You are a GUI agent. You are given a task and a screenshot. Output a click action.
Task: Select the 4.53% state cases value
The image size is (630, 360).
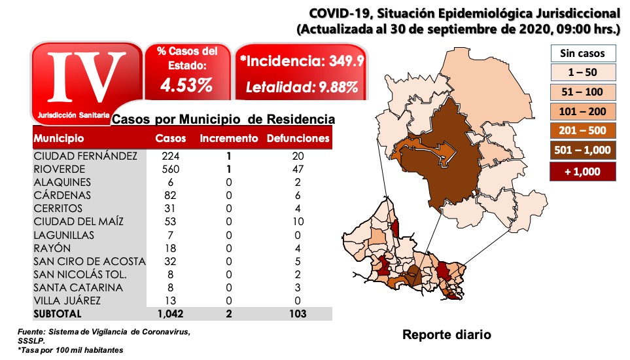click(187, 85)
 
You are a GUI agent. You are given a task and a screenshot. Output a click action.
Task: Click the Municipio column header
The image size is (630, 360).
click(59, 139)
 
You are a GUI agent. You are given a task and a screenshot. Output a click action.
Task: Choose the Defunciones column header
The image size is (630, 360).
click(298, 139)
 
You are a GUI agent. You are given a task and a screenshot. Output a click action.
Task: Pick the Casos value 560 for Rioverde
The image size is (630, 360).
click(171, 169)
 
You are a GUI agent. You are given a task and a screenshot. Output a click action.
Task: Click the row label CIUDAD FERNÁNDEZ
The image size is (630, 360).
click(86, 156)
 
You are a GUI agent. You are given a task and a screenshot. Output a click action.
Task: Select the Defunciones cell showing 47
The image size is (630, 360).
click(298, 169)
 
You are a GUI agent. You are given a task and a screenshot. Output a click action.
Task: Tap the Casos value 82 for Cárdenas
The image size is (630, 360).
click(171, 195)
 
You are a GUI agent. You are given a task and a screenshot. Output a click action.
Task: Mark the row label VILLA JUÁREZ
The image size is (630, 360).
click(67, 300)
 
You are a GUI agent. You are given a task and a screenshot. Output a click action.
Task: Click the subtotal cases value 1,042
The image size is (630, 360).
click(171, 314)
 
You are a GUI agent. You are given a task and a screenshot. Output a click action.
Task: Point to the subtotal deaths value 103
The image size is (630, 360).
click(298, 314)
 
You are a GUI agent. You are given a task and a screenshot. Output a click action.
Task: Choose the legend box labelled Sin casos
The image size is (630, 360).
click(582, 54)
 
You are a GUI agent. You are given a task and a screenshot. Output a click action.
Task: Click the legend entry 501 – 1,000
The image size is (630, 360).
click(582, 150)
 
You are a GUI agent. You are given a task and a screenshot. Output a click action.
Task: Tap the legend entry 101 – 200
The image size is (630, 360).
click(582, 111)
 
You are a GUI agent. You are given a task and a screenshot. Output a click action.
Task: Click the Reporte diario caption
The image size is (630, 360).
click(446, 335)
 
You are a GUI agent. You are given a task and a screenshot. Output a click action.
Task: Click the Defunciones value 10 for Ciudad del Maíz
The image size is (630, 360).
click(298, 221)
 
